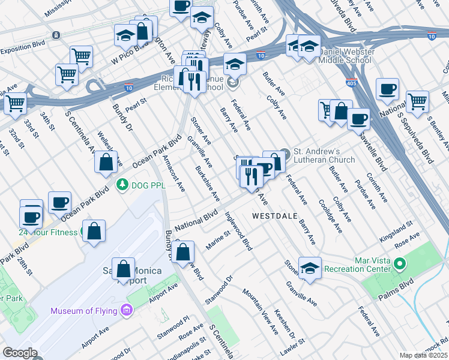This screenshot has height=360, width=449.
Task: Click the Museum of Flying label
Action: (x=84, y=311)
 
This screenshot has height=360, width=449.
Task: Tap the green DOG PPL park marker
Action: (x=122, y=183)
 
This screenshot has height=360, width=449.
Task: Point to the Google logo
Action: (x=20, y=353)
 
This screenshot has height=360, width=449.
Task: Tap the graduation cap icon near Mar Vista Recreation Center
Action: (x=310, y=268)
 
